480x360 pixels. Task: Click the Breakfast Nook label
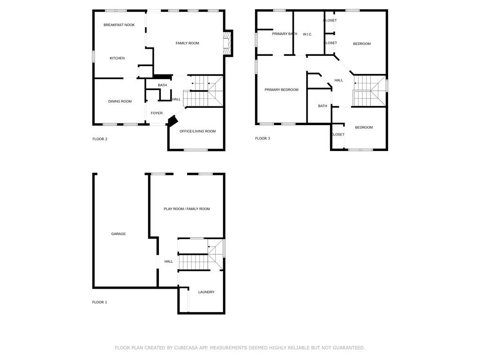(119, 25)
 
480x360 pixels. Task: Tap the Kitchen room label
(117, 58)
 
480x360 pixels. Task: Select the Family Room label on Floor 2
(187, 43)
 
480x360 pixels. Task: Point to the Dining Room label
(120, 101)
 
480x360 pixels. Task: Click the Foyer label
(157, 113)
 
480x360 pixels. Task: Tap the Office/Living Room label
(197, 131)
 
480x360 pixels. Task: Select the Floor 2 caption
(100, 139)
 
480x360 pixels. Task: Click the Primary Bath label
(285, 34)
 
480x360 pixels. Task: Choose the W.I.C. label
(307, 34)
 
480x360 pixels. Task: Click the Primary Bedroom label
(281, 90)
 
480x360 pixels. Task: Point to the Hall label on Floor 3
(338, 80)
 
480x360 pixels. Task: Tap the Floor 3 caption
(262, 138)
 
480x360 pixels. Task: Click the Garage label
(119, 234)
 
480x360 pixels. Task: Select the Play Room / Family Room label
(187, 209)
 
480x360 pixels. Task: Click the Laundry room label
(206, 292)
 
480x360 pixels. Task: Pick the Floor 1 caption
(99, 302)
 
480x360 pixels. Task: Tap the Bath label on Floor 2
(162, 85)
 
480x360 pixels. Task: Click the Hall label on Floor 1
(169, 262)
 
